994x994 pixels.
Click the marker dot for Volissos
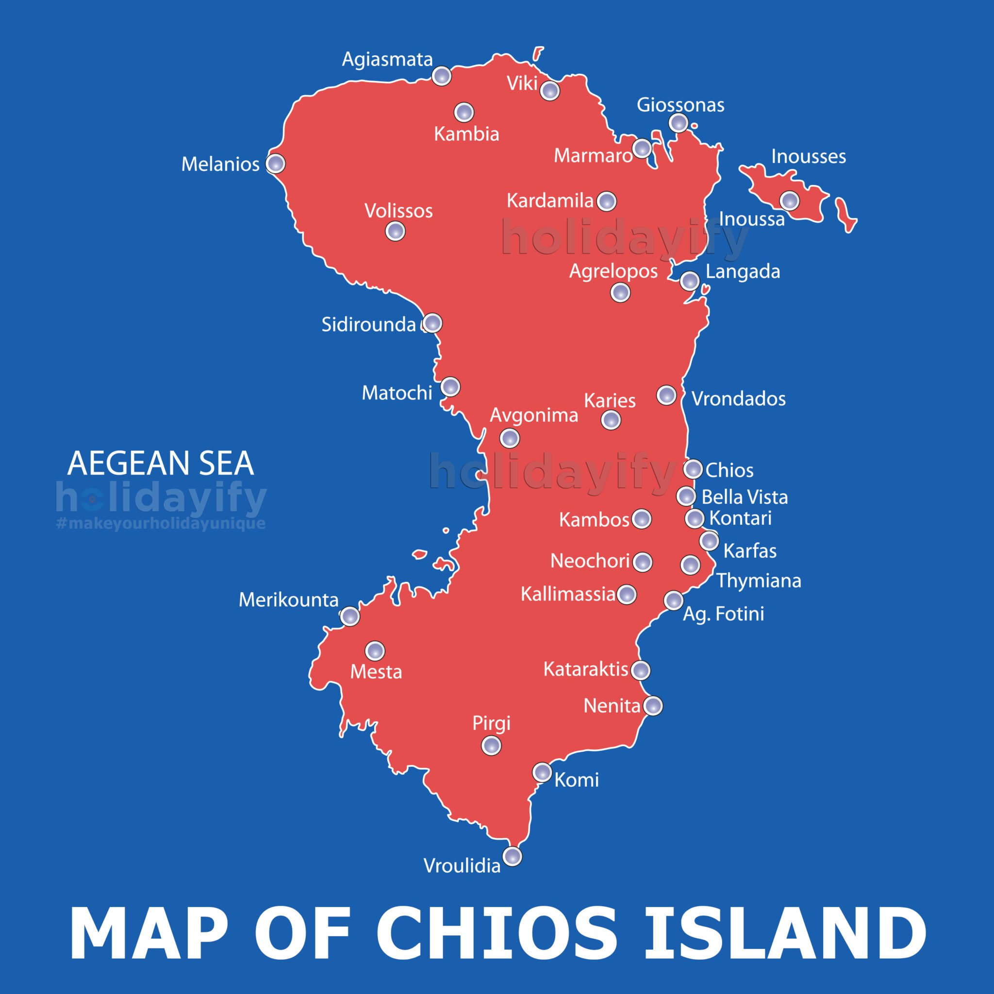[395, 231]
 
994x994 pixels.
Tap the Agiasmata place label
[387, 60]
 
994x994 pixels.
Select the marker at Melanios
[275, 164]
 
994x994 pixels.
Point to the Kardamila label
[549, 200]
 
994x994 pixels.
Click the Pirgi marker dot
[491, 745]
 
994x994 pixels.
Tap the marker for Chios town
[693, 469]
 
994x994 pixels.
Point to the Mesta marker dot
[375, 651]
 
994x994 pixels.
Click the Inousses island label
[808, 156]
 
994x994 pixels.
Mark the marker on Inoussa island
[789, 200]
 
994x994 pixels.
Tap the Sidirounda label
[368, 325]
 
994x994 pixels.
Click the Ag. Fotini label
[723, 614]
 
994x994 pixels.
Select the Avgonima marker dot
[509, 438]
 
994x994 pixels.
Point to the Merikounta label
[288, 600]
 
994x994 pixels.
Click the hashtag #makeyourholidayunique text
[161, 524]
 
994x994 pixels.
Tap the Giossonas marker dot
[679, 122]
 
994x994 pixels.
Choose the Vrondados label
[738, 399]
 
